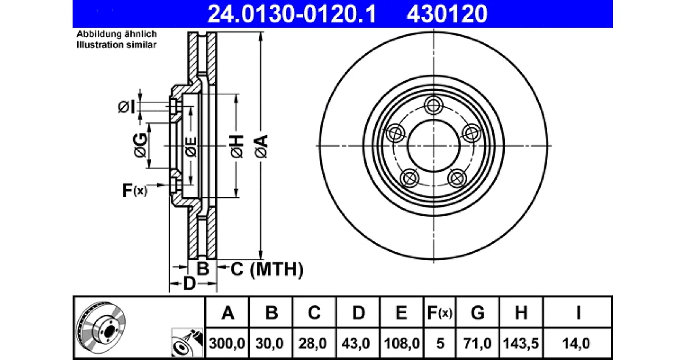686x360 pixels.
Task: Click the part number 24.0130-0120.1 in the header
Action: [x=292, y=14]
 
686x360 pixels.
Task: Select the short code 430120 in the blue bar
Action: [x=447, y=14]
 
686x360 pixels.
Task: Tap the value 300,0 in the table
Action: [x=227, y=343]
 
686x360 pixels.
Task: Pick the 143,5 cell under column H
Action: [x=521, y=343]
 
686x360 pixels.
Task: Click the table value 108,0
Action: [x=402, y=343]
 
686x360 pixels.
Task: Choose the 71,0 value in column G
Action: [x=477, y=343]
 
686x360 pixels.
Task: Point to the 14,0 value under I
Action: [x=576, y=343]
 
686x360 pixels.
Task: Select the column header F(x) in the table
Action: [x=440, y=313]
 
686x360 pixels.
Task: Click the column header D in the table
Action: [x=358, y=313]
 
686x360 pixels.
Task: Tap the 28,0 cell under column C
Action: [x=313, y=343]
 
